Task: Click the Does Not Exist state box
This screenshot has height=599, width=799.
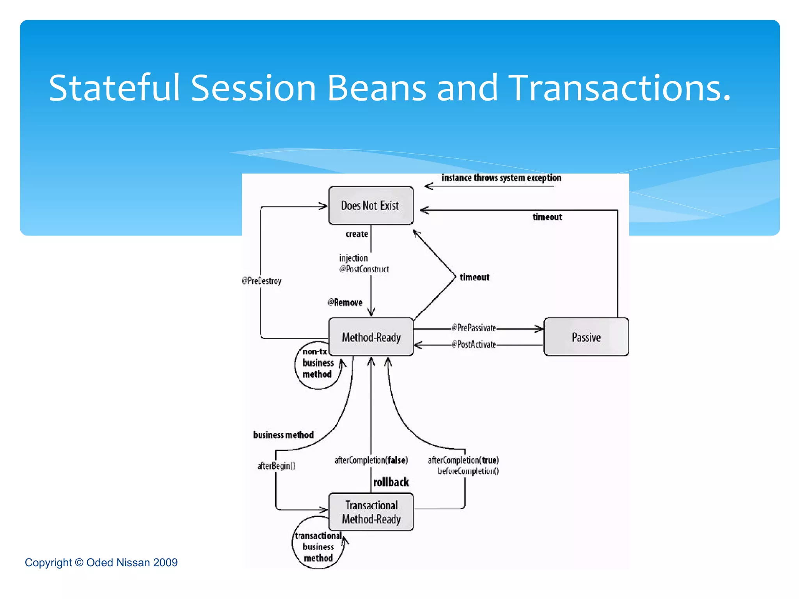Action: point(371,206)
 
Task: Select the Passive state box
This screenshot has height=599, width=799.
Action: point(586,337)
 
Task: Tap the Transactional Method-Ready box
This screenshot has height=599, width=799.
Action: point(371,512)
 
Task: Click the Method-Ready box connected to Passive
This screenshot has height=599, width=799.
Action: point(371,337)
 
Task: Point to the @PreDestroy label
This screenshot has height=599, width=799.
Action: point(261,281)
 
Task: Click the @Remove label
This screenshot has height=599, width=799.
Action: point(345,303)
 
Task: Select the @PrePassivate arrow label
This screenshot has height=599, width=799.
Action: point(474,328)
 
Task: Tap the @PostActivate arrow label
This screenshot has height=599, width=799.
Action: point(474,344)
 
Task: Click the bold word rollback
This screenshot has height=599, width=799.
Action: point(391,482)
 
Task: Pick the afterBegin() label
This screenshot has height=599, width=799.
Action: point(276,466)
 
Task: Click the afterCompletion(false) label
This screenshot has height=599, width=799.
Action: point(371,460)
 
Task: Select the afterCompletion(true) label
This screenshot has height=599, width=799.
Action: point(463,460)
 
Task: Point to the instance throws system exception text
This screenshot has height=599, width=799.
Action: point(501,178)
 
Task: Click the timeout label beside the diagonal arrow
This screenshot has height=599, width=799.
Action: point(474,277)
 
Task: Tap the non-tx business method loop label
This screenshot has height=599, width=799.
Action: point(318,363)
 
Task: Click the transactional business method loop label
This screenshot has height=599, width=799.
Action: point(318,547)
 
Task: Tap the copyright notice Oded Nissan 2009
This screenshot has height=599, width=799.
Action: point(101,562)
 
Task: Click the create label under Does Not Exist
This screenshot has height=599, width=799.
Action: point(357,234)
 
